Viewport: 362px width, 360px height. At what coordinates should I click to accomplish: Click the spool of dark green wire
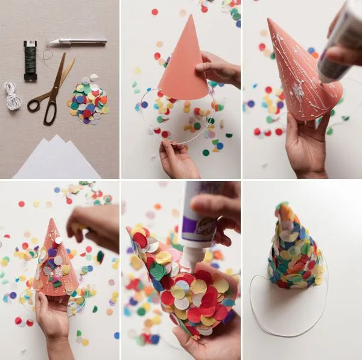(x=30, y=60)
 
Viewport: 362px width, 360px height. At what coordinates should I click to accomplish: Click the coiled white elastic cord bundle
(x=12, y=95)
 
